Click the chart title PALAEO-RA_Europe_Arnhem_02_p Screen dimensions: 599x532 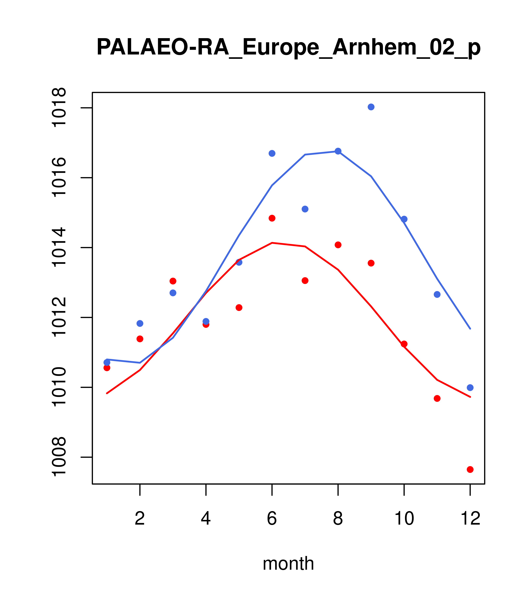pyautogui.click(x=288, y=48)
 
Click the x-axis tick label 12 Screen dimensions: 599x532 pyautogui.click(x=470, y=519)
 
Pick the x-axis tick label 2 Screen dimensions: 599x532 pyautogui.click(x=140, y=519)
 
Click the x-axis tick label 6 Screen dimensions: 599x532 pyautogui.click(x=272, y=519)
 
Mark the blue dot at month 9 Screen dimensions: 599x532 pyautogui.click(x=371, y=107)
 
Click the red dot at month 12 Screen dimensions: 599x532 pyautogui.click(x=470, y=470)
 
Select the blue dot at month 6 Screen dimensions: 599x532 pyautogui.click(x=272, y=153)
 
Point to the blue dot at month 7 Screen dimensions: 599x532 pyautogui.click(x=305, y=209)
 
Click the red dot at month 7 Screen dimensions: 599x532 pyautogui.click(x=305, y=281)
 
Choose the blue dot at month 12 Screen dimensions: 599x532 pyautogui.click(x=470, y=388)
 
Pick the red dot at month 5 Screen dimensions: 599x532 pyautogui.click(x=239, y=307)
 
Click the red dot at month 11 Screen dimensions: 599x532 pyautogui.click(x=437, y=398)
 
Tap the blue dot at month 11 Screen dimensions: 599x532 pyautogui.click(x=437, y=294)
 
